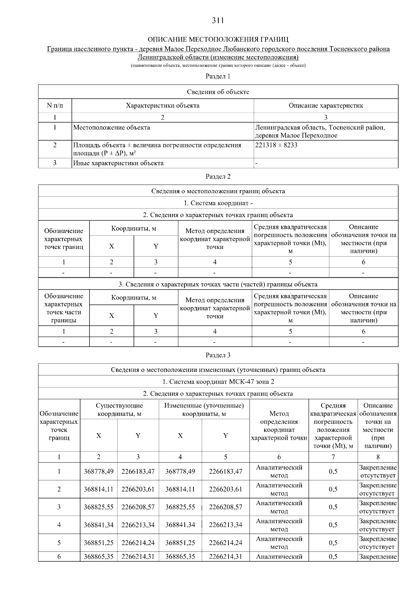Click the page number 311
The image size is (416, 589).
[x=218, y=20]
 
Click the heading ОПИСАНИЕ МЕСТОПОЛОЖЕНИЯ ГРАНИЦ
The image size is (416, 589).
[x=218, y=39]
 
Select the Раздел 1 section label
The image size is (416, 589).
[x=218, y=76]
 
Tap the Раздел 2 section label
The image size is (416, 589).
[x=218, y=177]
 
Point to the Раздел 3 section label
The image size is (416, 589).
[x=218, y=355]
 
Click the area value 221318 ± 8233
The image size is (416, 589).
[x=276, y=145]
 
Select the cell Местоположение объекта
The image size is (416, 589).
[x=112, y=127]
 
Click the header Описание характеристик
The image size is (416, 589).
[x=326, y=106]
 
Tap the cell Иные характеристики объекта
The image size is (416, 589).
[x=118, y=163]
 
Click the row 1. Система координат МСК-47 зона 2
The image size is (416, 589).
[x=218, y=382]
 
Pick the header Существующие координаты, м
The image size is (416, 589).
[x=119, y=410]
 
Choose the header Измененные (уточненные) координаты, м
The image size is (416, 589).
[x=204, y=410]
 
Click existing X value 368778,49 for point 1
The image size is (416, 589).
[x=98, y=472]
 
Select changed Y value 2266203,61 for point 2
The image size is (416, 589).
[x=225, y=489]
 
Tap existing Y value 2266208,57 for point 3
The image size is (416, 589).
[x=138, y=507]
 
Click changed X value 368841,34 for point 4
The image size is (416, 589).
[x=180, y=525]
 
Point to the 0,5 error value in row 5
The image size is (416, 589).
[x=333, y=543]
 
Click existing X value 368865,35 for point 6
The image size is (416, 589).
[x=98, y=557]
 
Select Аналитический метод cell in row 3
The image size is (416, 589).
[x=279, y=507]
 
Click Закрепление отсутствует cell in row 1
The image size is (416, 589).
[x=378, y=472]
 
